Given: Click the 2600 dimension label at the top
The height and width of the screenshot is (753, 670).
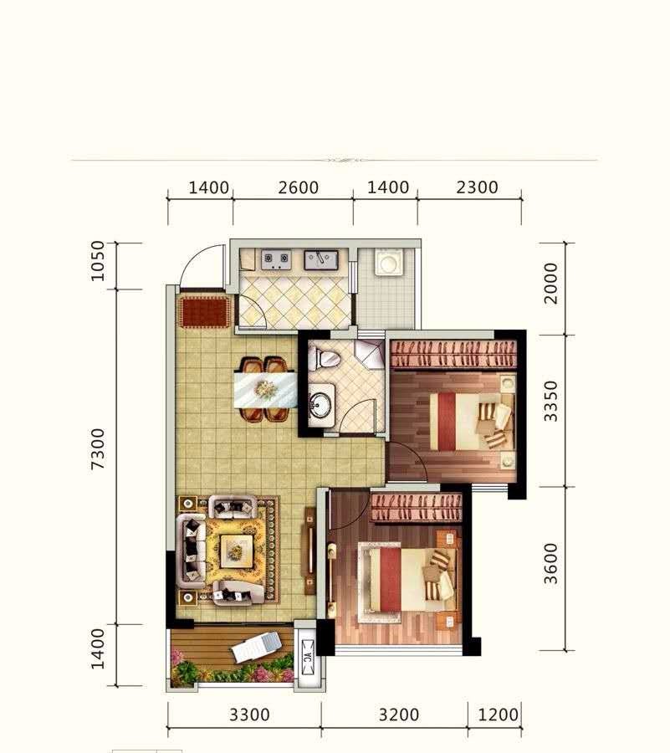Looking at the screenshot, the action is [298, 187].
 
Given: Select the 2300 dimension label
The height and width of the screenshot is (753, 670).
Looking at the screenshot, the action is [477, 187].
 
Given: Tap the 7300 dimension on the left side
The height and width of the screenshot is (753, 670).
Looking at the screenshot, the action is [97, 449].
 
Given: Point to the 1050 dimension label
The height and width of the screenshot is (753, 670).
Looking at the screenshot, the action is [97, 261].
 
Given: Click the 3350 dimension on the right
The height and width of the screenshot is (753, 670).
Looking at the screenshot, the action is [551, 401].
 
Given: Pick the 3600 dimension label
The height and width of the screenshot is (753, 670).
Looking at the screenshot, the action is [551, 564].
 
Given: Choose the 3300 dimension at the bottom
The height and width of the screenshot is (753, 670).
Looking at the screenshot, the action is [249, 715].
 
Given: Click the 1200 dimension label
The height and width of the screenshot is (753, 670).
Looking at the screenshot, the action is [499, 715].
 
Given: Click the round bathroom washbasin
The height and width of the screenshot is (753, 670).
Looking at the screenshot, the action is [321, 404].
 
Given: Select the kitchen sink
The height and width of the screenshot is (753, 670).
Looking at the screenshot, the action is [320, 260].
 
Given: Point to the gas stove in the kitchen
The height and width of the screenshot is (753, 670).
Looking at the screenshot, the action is [276, 259].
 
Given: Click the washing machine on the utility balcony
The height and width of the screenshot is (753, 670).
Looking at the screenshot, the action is [389, 262].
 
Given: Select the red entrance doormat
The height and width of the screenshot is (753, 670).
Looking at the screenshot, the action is [203, 312].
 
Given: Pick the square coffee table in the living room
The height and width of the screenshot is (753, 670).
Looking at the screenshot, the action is [236, 551].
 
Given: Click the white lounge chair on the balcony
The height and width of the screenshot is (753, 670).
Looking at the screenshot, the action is [256, 647].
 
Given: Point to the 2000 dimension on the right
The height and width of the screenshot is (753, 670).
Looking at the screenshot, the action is [551, 284].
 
